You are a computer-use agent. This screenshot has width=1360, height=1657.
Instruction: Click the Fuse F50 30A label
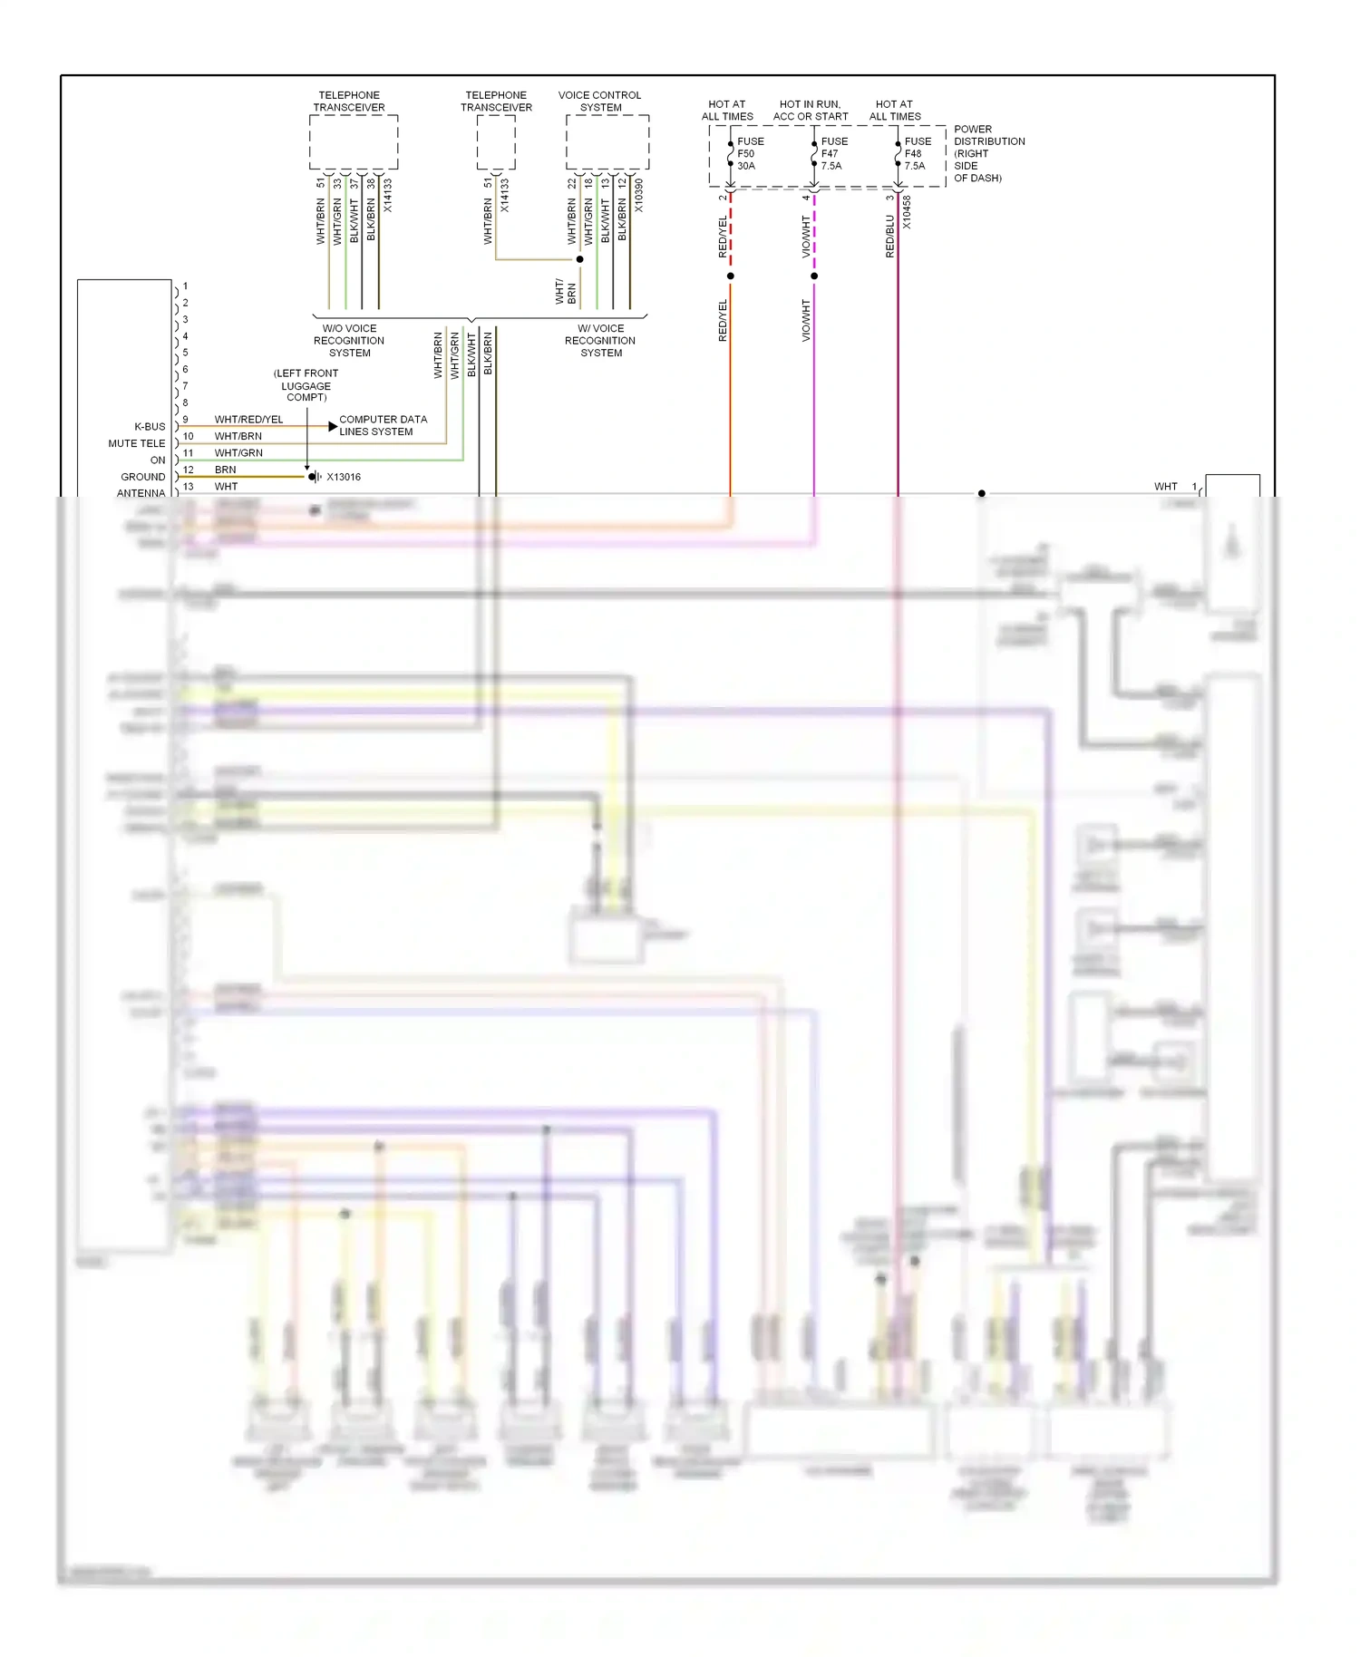click(x=750, y=153)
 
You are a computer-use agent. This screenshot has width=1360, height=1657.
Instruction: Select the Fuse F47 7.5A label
click(x=833, y=153)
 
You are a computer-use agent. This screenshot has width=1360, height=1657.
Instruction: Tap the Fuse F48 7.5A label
click(x=917, y=153)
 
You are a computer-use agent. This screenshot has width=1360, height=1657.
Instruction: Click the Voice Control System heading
click(x=599, y=101)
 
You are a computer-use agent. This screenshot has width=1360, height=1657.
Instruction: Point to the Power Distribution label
click(x=988, y=153)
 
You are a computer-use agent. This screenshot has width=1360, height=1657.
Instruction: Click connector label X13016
click(x=344, y=477)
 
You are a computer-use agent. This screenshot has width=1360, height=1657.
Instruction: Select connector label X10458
click(x=907, y=212)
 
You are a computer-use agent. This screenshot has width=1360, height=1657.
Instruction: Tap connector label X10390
click(x=638, y=196)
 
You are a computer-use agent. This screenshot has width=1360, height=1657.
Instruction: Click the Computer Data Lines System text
click(x=383, y=425)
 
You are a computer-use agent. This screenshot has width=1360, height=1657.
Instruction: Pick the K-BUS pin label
click(x=150, y=426)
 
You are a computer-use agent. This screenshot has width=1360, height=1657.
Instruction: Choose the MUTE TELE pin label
click(x=137, y=443)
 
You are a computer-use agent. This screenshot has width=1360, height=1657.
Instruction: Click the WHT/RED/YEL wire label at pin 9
click(x=248, y=420)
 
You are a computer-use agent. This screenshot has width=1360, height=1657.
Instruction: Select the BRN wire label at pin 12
click(x=225, y=470)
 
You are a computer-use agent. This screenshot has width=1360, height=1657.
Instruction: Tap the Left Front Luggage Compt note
click(x=306, y=385)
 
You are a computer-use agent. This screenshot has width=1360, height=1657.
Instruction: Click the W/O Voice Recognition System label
click(x=349, y=341)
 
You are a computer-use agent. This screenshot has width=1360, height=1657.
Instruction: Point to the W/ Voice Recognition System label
click(x=600, y=341)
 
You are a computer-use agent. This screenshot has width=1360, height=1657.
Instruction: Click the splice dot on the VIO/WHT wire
click(x=814, y=276)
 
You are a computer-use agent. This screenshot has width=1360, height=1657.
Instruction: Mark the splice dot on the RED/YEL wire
click(x=731, y=276)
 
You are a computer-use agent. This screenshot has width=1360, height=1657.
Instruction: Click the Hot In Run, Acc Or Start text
click(x=810, y=110)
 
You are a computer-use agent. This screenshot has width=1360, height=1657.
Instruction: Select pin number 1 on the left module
click(x=185, y=286)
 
